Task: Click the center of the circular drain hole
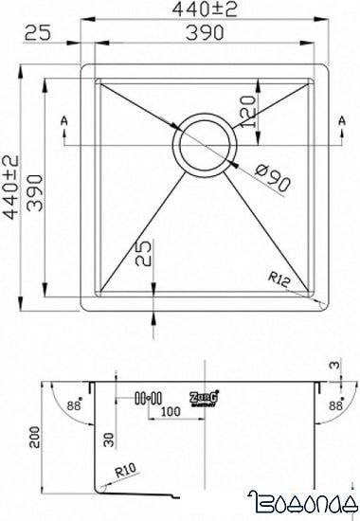click(x=202, y=144)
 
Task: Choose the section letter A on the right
click(x=341, y=122)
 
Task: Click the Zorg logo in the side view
click(x=207, y=397)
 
